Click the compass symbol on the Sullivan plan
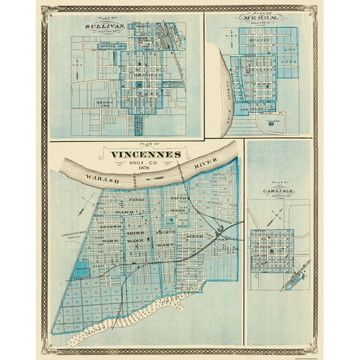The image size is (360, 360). pyautogui.click(x=75, y=63)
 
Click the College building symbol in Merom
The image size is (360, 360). pyautogui.click(x=271, y=124)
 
